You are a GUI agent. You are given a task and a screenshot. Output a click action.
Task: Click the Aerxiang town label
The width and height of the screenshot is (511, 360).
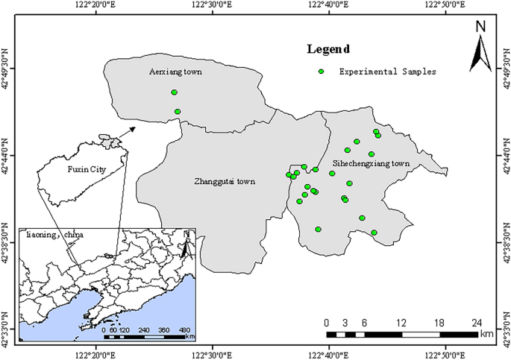pyautogui.click(x=175, y=72)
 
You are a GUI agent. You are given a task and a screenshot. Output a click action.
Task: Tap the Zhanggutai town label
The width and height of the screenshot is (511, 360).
pyautogui.click(x=224, y=180)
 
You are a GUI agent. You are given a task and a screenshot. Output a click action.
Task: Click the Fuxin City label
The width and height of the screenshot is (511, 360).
pyautogui.click(x=87, y=170)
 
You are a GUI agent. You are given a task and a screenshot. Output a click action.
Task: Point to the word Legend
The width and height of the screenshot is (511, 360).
pyautogui.click(x=328, y=50)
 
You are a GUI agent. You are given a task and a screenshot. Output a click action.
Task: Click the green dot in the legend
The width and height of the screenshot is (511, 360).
pyautogui.click(x=322, y=72)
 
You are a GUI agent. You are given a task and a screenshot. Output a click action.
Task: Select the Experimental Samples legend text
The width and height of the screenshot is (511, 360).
pyautogui.click(x=387, y=72)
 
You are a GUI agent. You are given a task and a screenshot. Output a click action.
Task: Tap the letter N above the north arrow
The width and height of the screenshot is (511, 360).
pyautogui.click(x=481, y=27)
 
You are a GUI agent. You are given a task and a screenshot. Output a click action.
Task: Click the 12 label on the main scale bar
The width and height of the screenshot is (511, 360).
pyautogui.click(x=401, y=322)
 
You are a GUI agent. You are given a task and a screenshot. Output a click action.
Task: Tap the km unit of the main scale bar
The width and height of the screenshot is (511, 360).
pyautogui.click(x=486, y=335)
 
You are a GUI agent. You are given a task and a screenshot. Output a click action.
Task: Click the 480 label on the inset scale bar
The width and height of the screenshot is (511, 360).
pyautogui.click(x=185, y=329)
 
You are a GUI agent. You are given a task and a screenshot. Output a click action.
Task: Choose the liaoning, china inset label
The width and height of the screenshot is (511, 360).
pyautogui.click(x=55, y=235)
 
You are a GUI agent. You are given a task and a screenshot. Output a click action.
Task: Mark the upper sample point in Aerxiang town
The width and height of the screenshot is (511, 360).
pyautogui.click(x=175, y=92)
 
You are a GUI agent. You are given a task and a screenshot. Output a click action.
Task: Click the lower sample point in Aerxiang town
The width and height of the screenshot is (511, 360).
pyautogui.click(x=178, y=112)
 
